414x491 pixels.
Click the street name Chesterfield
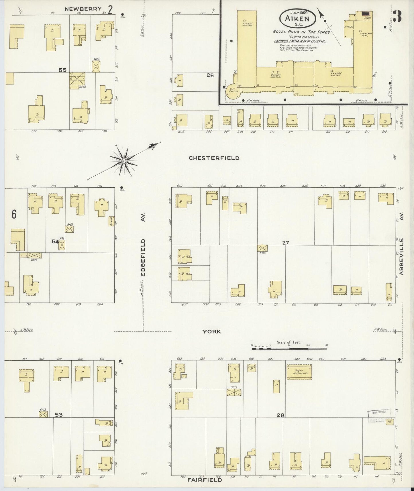coord(214,158)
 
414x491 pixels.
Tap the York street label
coord(212,331)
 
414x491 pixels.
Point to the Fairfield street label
coord(205,480)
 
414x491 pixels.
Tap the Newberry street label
coord(83,9)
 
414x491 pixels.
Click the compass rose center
coord(123,161)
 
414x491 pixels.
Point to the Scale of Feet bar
coord(289,349)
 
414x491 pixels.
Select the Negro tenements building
coord(299,373)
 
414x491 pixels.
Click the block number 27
coord(285,243)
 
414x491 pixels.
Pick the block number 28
coord(280,415)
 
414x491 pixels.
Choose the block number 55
coord(62,70)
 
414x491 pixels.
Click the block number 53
coord(59,415)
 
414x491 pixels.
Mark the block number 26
coord(210,75)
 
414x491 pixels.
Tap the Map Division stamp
coord(379,413)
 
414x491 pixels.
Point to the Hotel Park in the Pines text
coord(301,32)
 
